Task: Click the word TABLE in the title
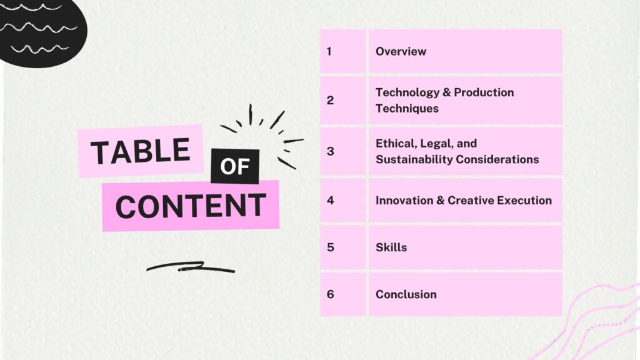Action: [141, 151]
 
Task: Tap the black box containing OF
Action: [235, 166]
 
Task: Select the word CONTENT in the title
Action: [191, 206]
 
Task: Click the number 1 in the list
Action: [329, 51]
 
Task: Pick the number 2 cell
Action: [343, 101]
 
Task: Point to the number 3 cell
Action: [343, 151]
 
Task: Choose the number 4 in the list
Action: [330, 201]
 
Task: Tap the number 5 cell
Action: [343, 247]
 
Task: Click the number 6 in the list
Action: [330, 294]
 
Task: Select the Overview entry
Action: [401, 51]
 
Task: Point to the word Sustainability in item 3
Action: [413, 159]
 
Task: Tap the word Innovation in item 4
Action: [404, 201]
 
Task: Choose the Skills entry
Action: [391, 247]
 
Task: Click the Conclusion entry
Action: [406, 294]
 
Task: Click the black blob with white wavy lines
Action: [41, 31]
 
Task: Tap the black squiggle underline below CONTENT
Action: [191, 267]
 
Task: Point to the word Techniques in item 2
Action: [407, 109]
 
